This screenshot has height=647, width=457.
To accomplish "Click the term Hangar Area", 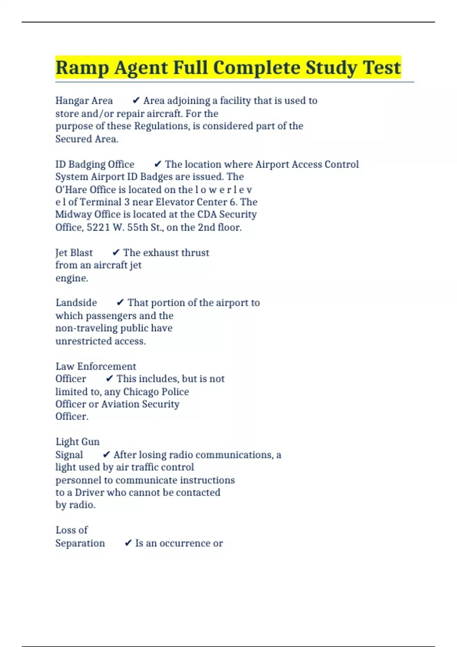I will (x=84, y=100).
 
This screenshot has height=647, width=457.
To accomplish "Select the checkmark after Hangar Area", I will (x=136, y=100).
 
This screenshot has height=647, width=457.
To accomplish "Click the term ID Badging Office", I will (x=95, y=164).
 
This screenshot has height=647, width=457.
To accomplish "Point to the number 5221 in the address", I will (x=99, y=227).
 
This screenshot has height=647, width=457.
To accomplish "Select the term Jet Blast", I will (x=74, y=253).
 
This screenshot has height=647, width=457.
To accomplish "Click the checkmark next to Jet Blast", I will (x=116, y=253).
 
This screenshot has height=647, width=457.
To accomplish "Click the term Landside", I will (x=76, y=303).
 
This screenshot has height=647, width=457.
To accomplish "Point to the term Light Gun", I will (x=77, y=442).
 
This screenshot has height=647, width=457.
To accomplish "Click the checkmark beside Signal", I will (x=107, y=455).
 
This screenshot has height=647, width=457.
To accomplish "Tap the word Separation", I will (x=80, y=543).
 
